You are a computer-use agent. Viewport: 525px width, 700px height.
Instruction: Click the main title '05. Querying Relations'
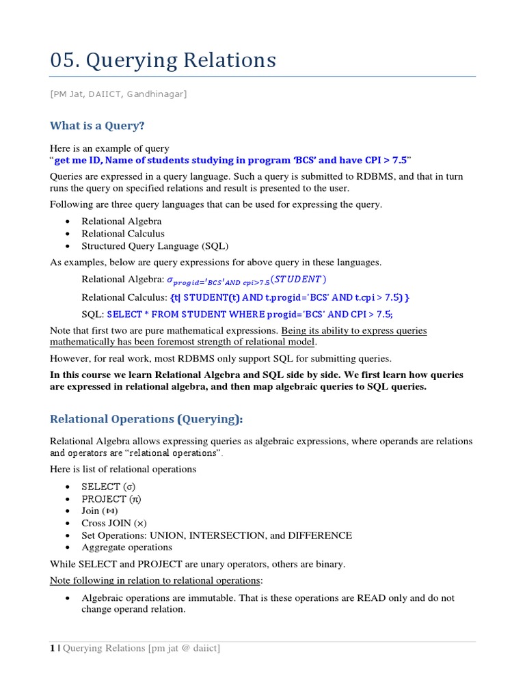point(163,60)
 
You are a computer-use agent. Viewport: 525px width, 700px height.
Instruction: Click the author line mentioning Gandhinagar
point(124,94)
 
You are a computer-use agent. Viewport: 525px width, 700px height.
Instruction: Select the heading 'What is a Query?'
point(97,126)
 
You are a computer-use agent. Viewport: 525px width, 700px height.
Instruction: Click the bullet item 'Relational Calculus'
point(123,234)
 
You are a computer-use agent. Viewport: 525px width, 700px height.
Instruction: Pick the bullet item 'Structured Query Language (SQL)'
point(155,246)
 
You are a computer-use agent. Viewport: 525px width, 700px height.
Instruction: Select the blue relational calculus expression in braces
point(289,297)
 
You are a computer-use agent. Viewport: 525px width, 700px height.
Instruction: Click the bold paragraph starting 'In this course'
point(256,381)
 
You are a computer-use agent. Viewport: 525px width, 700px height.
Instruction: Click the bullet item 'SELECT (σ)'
point(111,487)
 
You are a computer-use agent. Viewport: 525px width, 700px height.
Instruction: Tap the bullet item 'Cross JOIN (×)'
point(113,523)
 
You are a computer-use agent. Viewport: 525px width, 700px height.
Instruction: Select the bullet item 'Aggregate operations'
point(126,548)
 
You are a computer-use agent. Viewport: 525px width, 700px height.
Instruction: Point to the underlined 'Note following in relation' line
point(155,580)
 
